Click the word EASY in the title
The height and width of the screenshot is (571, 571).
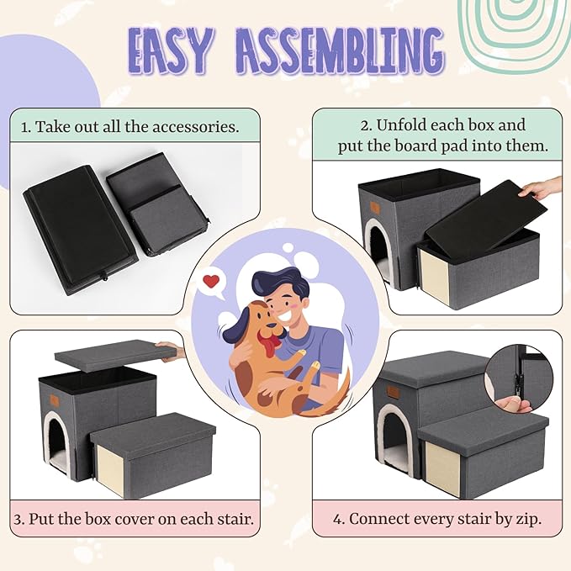pos(169,51)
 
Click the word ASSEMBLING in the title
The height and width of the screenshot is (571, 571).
pos(341,51)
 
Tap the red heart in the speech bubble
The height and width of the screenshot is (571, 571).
pos(211,281)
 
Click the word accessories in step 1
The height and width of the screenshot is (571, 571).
pos(196,127)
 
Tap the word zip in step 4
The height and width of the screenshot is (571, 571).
pos(529,519)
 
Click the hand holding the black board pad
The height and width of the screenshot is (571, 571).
pos(543,188)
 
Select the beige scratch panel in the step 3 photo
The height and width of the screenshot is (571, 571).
pos(111,466)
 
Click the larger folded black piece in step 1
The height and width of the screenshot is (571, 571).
pos(81,230)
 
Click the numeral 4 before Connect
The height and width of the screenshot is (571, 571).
pos(336,519)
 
